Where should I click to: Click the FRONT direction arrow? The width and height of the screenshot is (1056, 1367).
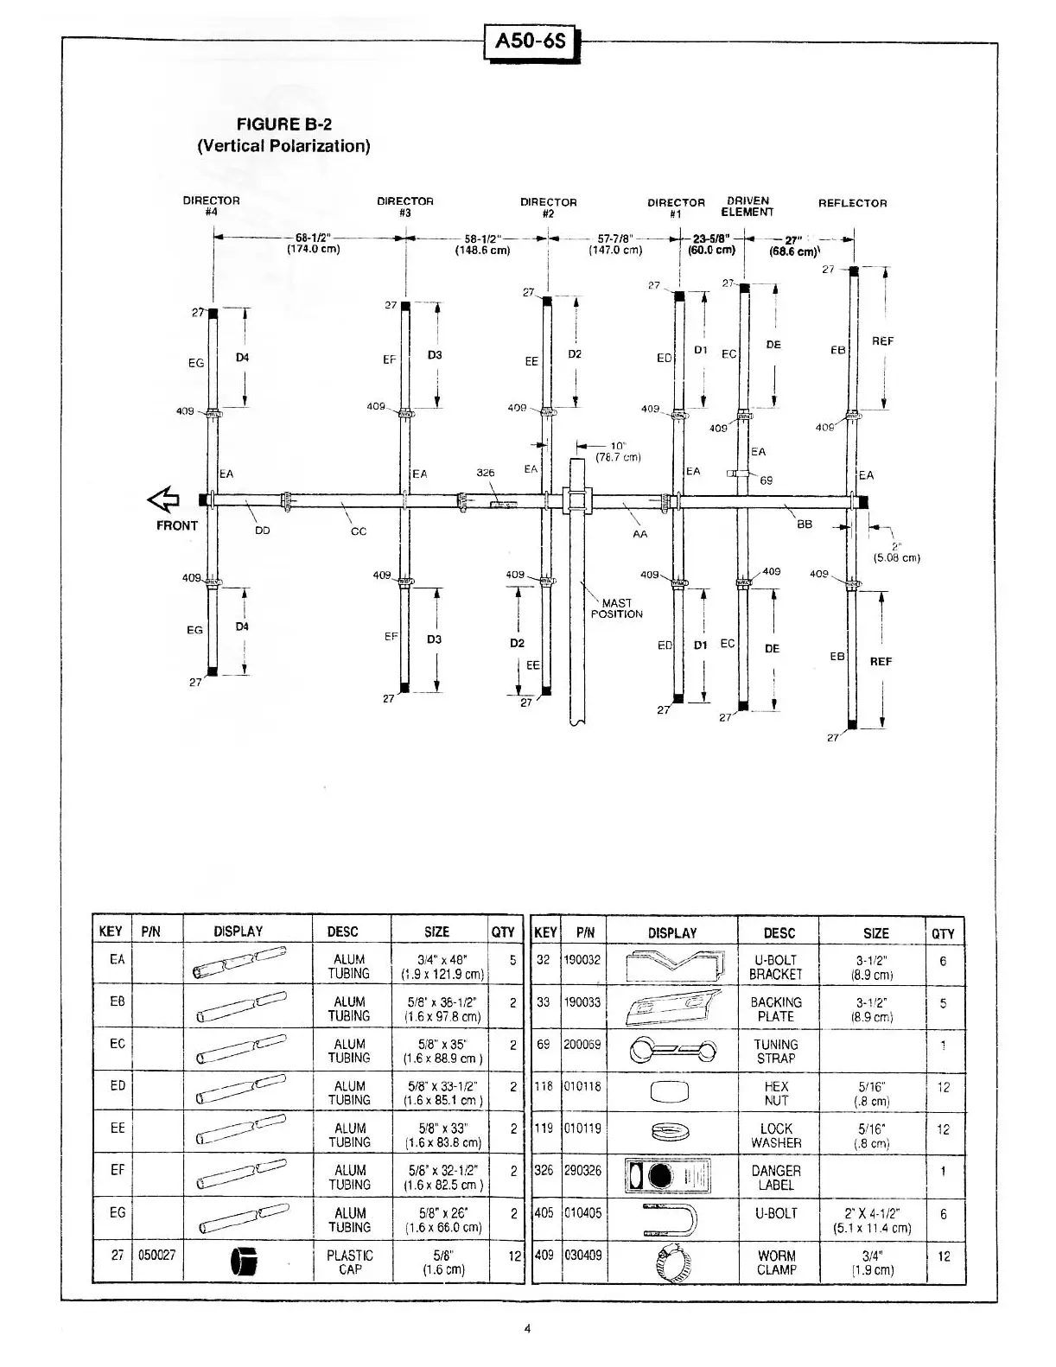(163, 499)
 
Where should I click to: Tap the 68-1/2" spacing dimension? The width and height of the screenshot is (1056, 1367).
(313, 243)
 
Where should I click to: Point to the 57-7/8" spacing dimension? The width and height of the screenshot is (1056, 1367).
(615, 244)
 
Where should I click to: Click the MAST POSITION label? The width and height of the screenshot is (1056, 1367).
(616, 608)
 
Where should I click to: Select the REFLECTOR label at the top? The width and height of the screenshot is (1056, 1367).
(852, 204)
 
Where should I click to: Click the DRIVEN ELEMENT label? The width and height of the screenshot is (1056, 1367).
(747, 207)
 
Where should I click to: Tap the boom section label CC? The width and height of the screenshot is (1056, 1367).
(358, 531)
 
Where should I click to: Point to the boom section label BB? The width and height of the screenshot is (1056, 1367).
(805, 524)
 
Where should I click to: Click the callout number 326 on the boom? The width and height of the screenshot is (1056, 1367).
(486, 473)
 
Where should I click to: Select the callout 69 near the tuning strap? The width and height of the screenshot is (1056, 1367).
(766, 480)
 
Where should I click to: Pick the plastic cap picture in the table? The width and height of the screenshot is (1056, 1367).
(245, 1263)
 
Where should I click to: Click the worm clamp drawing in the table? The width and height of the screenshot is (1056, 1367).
(672, 1263)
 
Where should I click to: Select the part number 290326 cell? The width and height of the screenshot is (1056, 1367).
(583, 1171)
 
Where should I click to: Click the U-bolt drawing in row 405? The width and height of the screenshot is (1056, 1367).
(672, 1219)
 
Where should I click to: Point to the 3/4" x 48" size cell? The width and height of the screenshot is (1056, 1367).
(442, 966)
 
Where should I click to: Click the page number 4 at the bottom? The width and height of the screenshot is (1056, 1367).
(527, 1329)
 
